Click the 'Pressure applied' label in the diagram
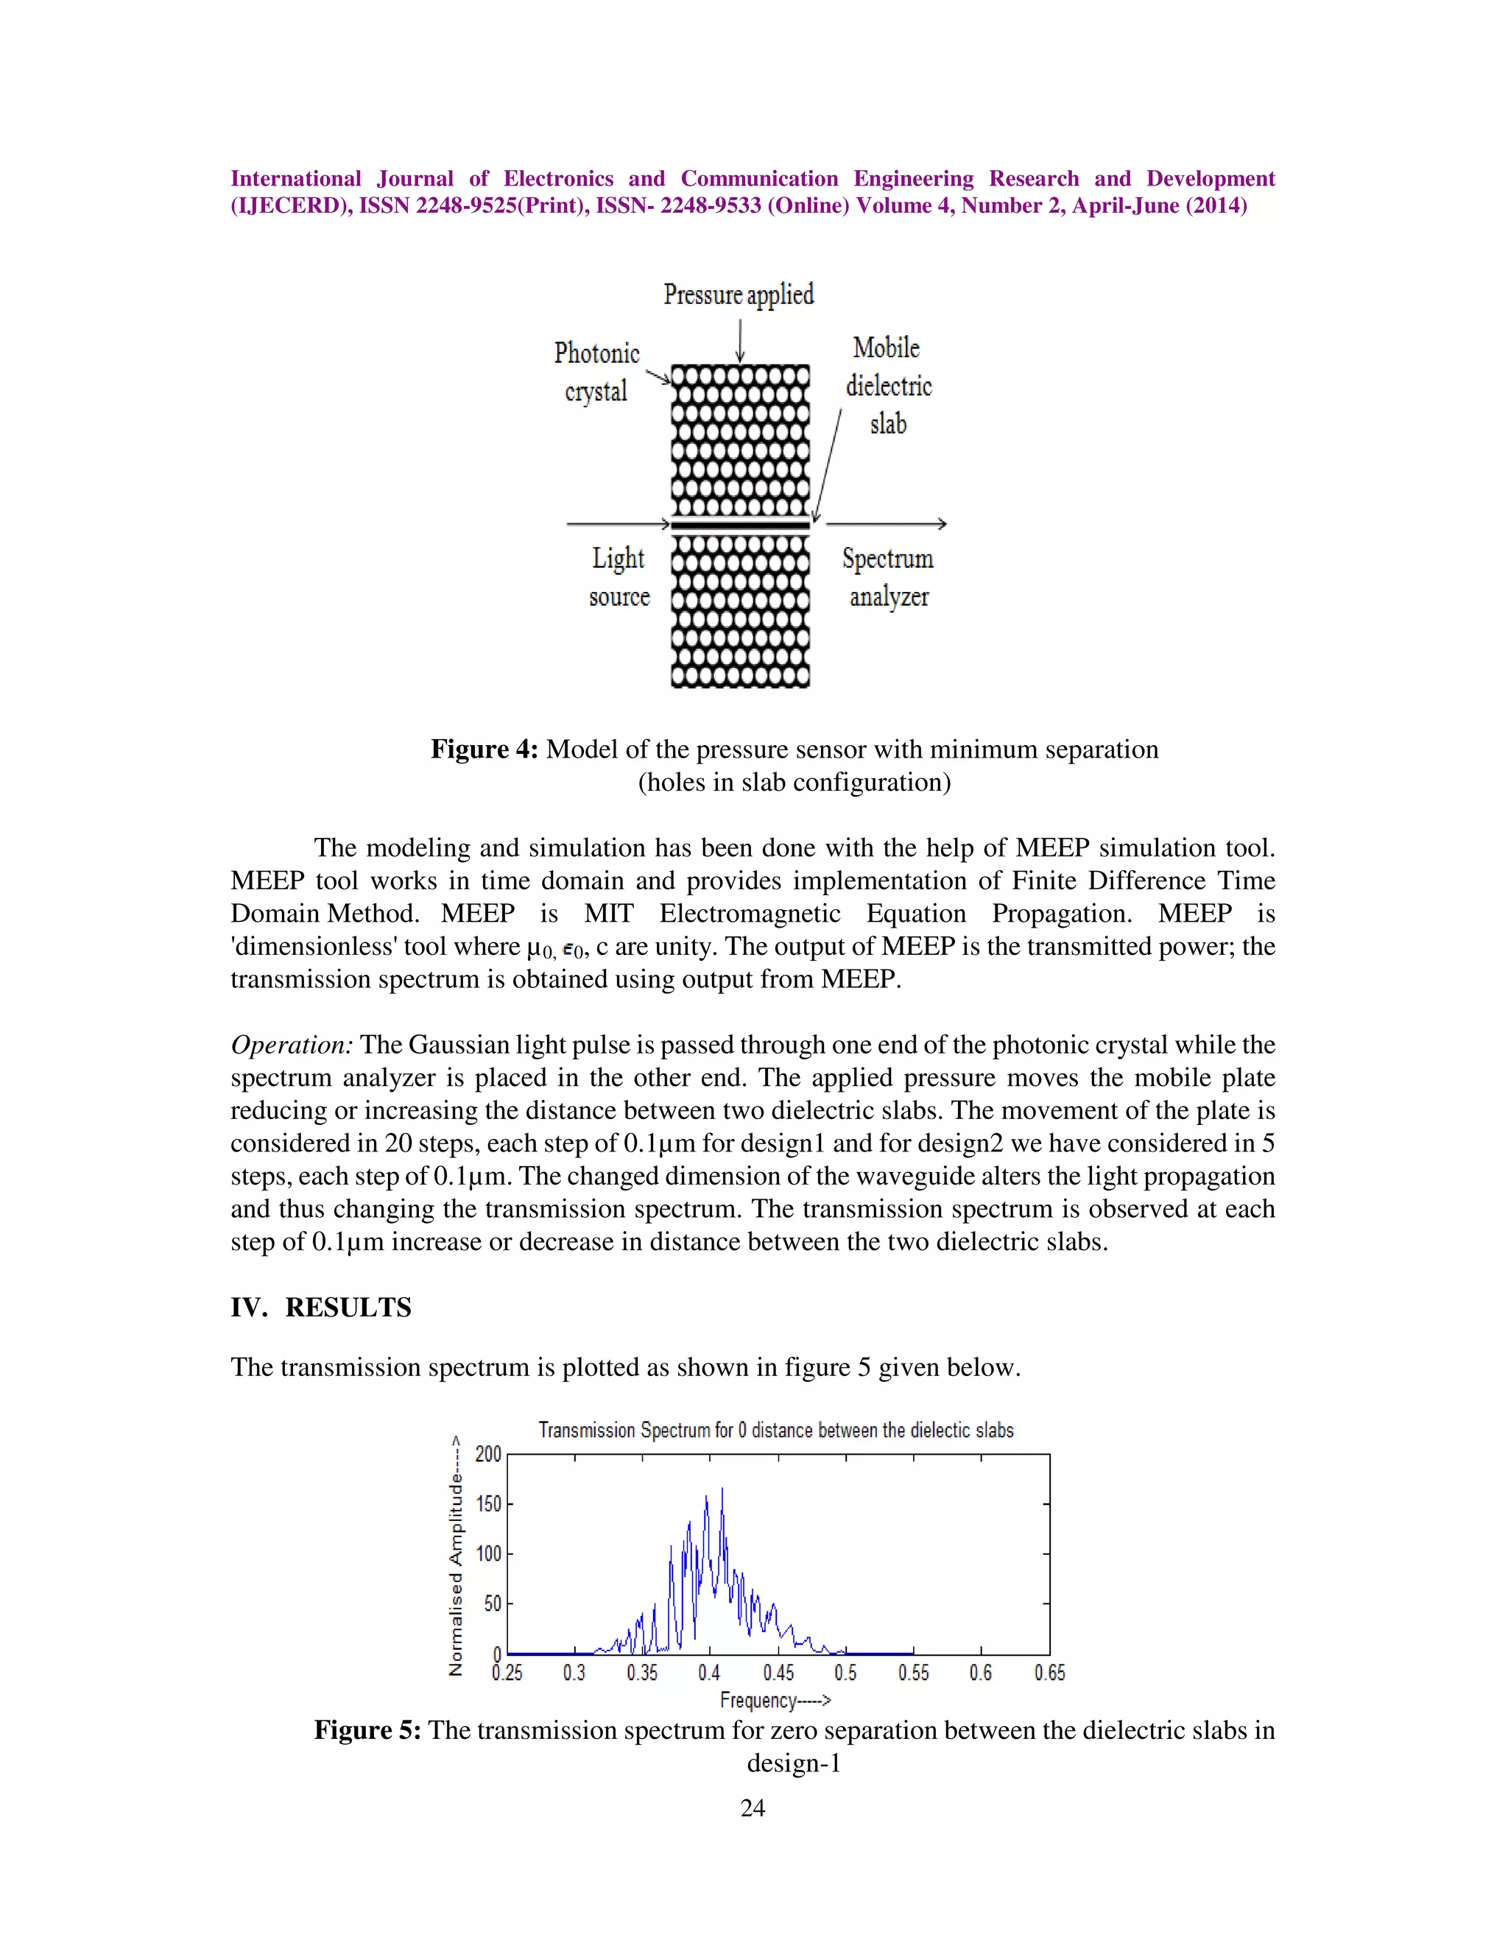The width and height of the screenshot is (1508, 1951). point(738,294)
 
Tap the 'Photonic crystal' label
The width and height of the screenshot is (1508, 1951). point(596,372)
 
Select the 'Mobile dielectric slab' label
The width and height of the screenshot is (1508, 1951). point(888,385)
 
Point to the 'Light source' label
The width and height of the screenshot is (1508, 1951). point(619,577)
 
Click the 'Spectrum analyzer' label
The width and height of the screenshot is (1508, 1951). point(888,577)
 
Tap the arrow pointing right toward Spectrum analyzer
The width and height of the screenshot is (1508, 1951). point(887,524)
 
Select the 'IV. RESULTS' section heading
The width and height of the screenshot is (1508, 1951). point(321,1307)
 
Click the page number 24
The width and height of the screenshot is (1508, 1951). point(753,1808)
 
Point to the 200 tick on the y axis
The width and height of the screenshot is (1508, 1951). point(487,1454)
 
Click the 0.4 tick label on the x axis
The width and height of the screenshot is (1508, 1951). point(709,1672)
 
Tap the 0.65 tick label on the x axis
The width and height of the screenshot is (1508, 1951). point(1050,1672)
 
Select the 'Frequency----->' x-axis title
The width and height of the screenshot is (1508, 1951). point(775,1700)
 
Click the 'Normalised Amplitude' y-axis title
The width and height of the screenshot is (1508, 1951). point(457,1555)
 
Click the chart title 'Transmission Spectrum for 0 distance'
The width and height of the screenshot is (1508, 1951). point(775,1430)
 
